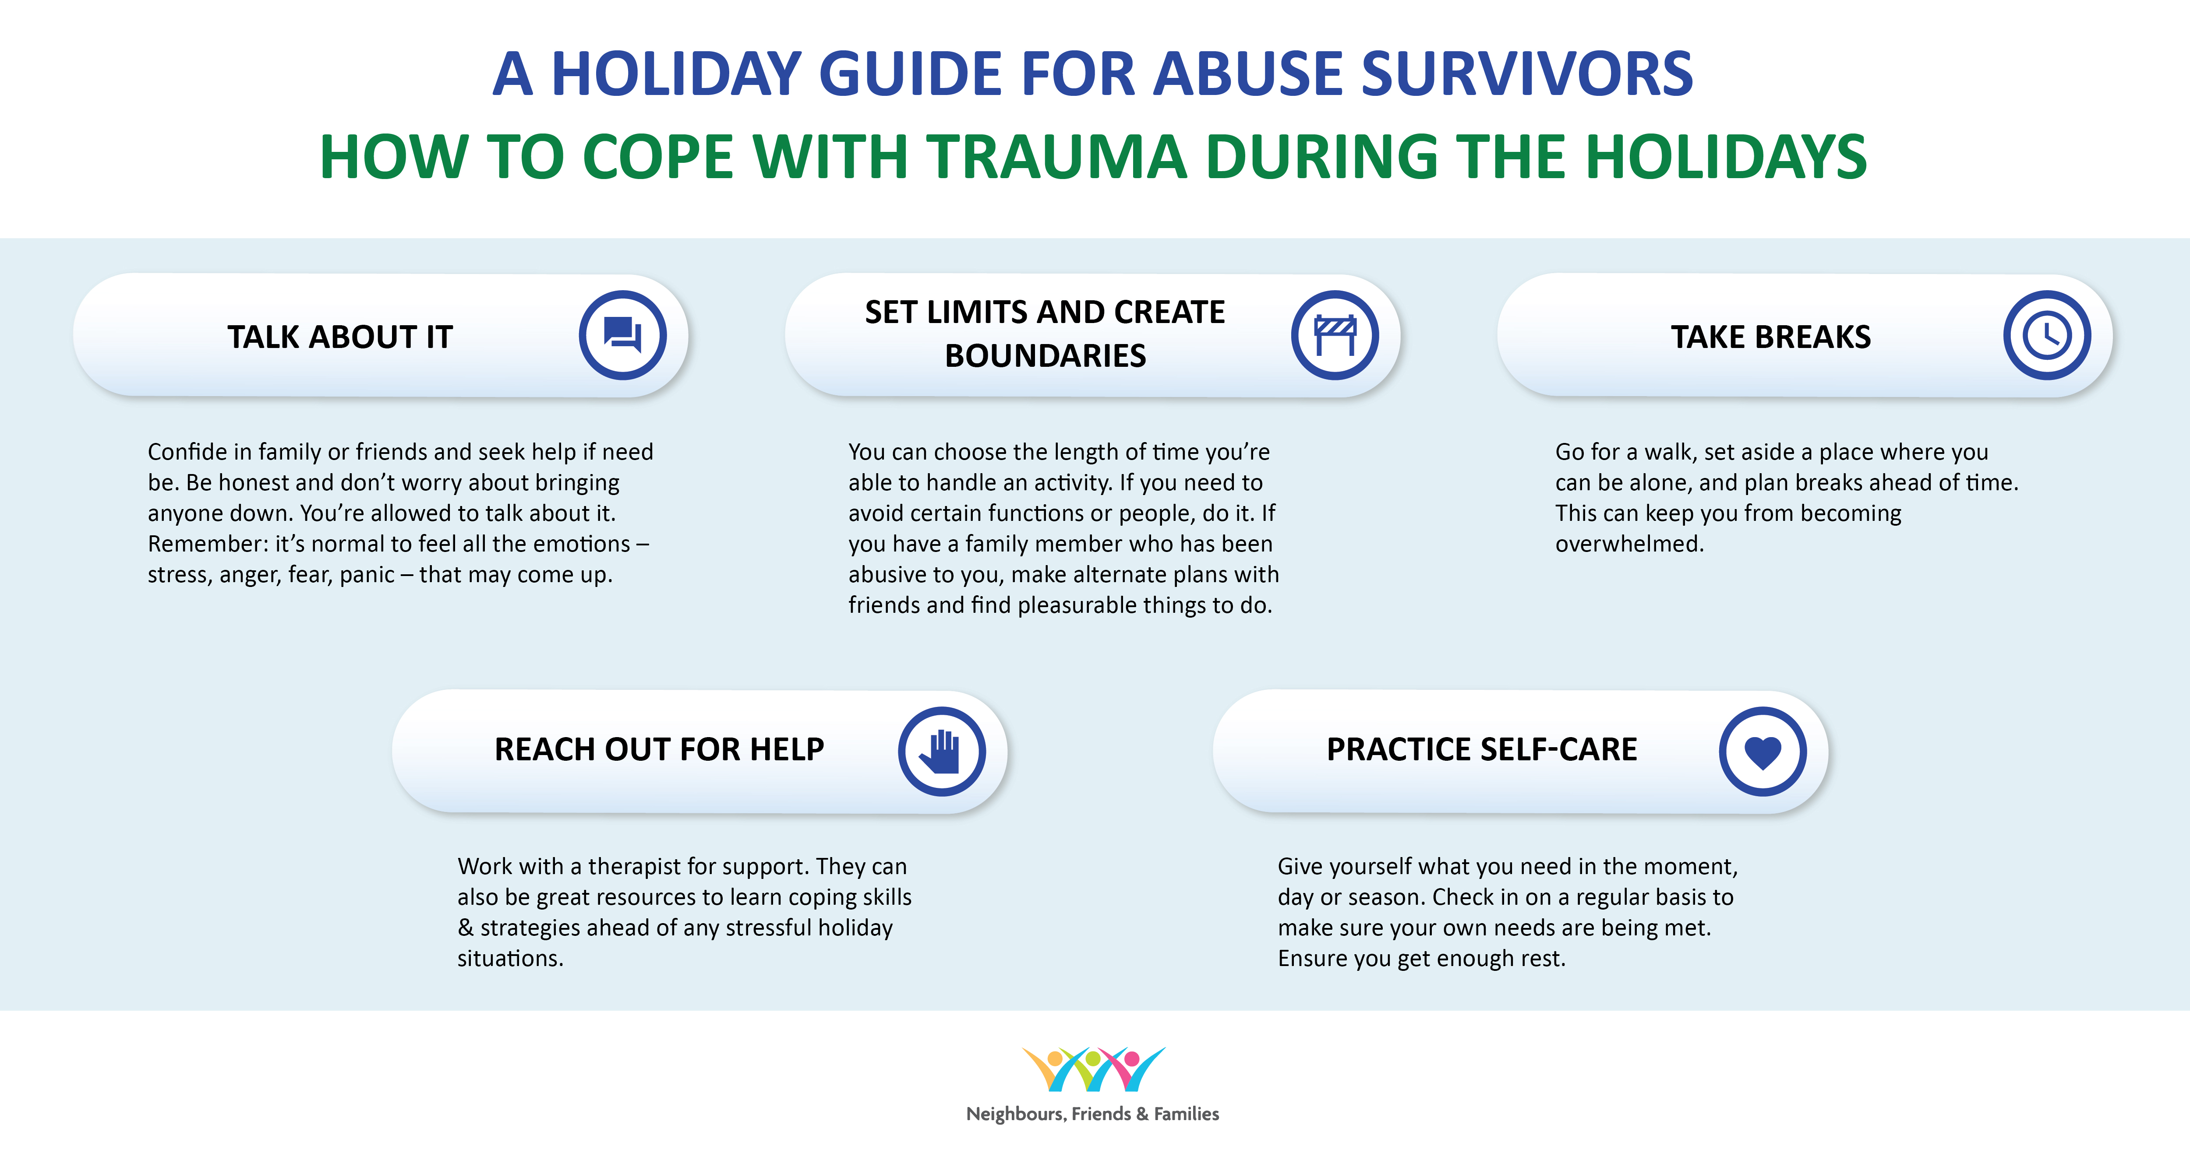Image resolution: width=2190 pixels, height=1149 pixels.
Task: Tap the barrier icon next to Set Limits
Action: [1335, 335]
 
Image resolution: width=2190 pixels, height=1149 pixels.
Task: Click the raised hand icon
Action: [942, 751]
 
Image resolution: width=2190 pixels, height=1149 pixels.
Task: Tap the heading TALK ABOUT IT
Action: [340, 337]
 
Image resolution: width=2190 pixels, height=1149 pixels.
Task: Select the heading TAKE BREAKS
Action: [1771, 337]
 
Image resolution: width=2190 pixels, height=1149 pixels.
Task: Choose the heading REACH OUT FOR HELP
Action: [659, 749]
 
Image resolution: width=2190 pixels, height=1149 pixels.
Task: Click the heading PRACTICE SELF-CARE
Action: [1482, 749]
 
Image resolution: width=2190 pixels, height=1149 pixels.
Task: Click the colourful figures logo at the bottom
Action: [1093, 1069]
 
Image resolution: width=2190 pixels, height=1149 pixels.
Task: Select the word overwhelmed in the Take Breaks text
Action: [1630, 544]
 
